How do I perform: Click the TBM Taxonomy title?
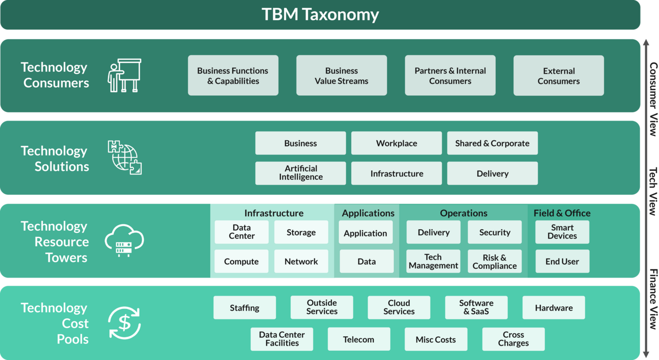click(x=320, y=14)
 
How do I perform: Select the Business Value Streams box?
click(x=341, y=76)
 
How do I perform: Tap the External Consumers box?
click(x=559, y=76)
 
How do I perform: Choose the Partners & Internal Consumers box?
click(x=450, y=76)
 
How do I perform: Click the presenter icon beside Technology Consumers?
click(x=124, y=76)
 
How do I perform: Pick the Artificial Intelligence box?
click(x=301, y=173)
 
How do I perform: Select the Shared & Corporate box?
click(x=492, y=143)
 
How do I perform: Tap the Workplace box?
click(x=396, y=143)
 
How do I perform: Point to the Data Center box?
click(x=241, y=232)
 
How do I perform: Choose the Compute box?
click(x=241, y=262)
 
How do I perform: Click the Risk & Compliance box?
click(x=494, y=262)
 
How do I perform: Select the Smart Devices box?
click(x=562, y=232)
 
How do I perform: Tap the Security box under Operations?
click(x=494, y=232)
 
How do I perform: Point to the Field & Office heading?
click(x=562, y=213)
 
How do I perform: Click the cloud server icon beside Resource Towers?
click(x=124, y=241)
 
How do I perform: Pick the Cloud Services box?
click(x=399, y=307)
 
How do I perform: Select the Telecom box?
click(x=359, y=339)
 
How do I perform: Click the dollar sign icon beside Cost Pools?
click(x=124, y=323)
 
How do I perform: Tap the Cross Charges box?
click(x=513, y=339)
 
